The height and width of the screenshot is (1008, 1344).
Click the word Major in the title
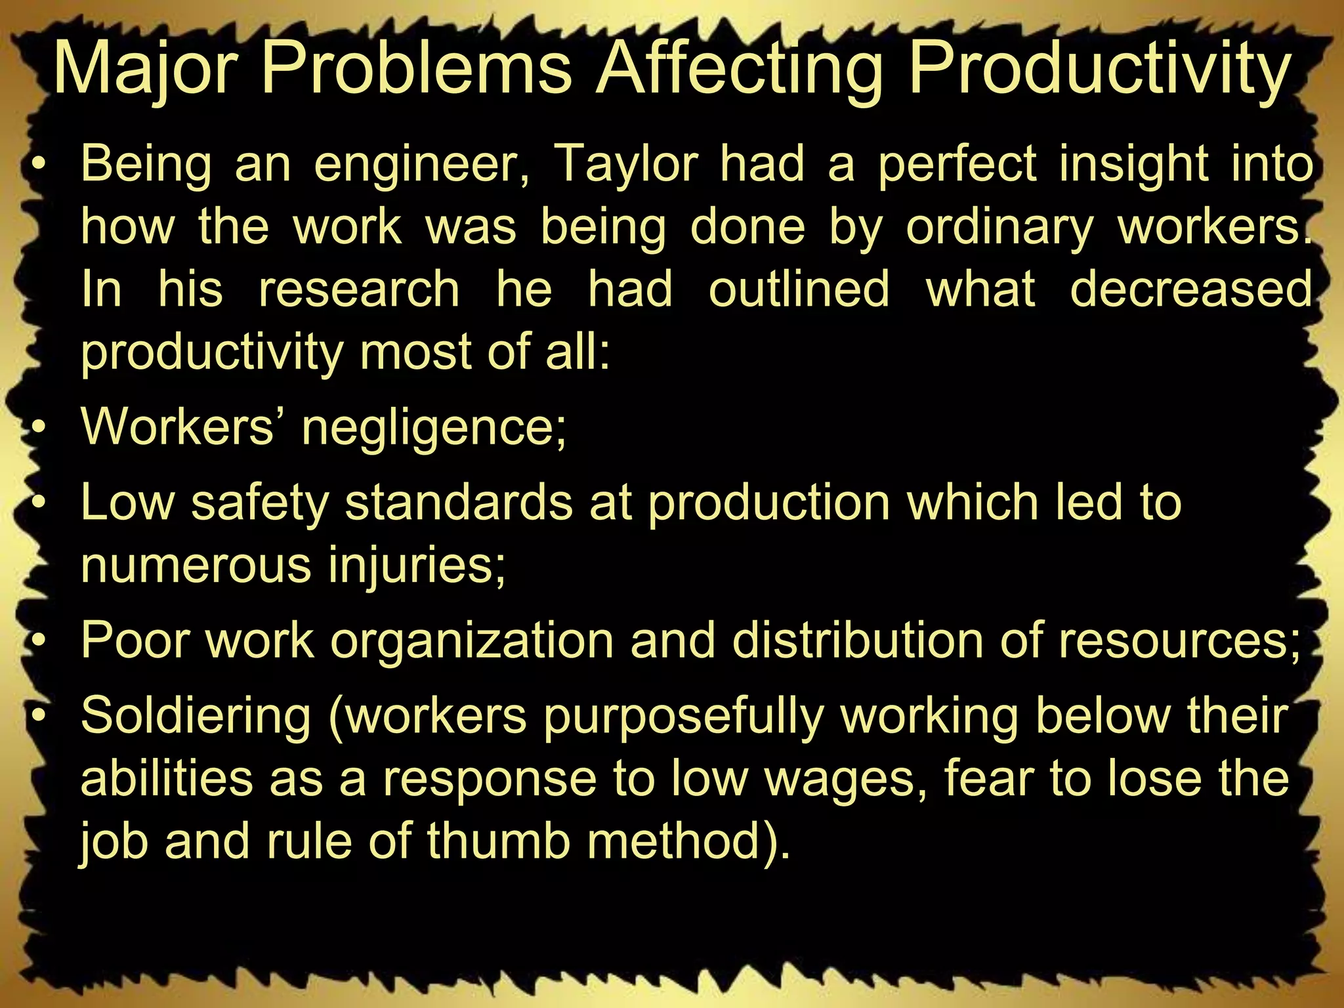click(x=144, y=70)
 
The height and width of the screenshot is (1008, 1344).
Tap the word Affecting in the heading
click(x=738, y=70)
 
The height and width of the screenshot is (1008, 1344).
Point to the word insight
click(x=1133, y=164)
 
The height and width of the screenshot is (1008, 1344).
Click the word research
click(x=359, y=289)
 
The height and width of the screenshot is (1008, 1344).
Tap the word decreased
click(x=1190, y=289)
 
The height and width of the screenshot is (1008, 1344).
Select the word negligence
click(x=434, y=428)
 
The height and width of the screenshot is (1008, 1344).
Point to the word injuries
click(x=417, y=566)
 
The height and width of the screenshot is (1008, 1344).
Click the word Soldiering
click(x=196, y=716)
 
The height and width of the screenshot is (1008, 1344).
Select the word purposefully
click(x=683, y=716)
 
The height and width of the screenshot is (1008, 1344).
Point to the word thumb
click(x=498, y=842)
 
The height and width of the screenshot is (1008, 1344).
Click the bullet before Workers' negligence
click(x=40, y=430)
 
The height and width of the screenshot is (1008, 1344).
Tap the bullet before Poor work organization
click(x=40, y=641)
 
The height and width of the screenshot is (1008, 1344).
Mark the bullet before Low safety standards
click(x=40, y=503)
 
